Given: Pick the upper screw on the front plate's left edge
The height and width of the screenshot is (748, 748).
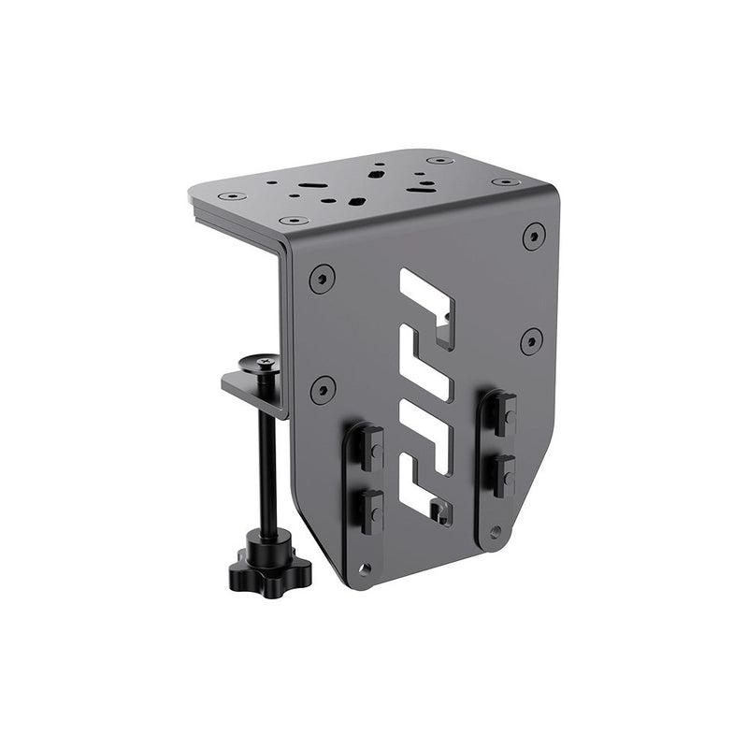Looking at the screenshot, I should tap(322, 278).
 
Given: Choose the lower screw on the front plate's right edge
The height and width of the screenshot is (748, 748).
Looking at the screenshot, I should tap(531, 339).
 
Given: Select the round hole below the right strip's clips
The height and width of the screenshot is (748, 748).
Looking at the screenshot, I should tap(496, 533).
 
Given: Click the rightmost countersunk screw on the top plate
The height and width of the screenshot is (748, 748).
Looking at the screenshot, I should tap(506, 181).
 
